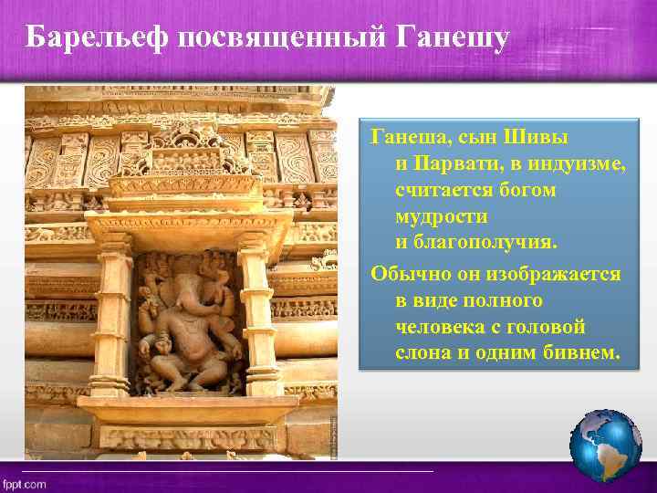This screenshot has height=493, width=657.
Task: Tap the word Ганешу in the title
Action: [452, 37]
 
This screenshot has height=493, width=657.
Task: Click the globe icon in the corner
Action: [605, 445]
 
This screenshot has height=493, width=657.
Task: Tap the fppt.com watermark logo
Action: [25, 484]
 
